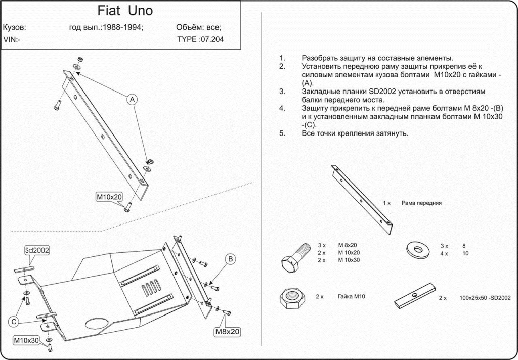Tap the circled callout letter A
pos(132,99)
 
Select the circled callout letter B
pos(230,259)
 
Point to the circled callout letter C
pos(15,321)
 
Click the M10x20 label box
pos(109,197)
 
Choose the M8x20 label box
pos(227,332)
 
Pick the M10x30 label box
pos(26,340)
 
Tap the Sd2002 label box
pos(37,250)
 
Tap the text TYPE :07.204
pos(201,39)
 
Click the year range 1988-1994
pos(122,28)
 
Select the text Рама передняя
pos(421,203)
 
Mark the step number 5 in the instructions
pos(281,133)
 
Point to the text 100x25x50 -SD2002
pos(486,298)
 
